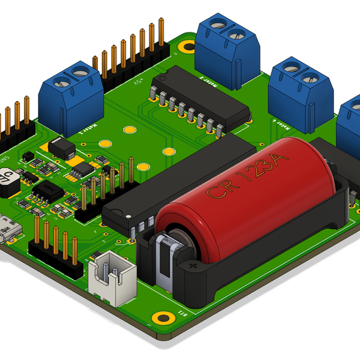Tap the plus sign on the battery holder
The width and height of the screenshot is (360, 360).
click(x=193, y=265)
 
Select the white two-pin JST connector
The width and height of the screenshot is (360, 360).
click(x=112, y=281)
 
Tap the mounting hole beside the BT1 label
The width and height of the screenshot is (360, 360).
click(x=160, y=318)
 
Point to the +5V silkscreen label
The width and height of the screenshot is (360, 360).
click(x=139, y=80)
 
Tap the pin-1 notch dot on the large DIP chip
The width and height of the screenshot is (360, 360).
click(x=128, y=215)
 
